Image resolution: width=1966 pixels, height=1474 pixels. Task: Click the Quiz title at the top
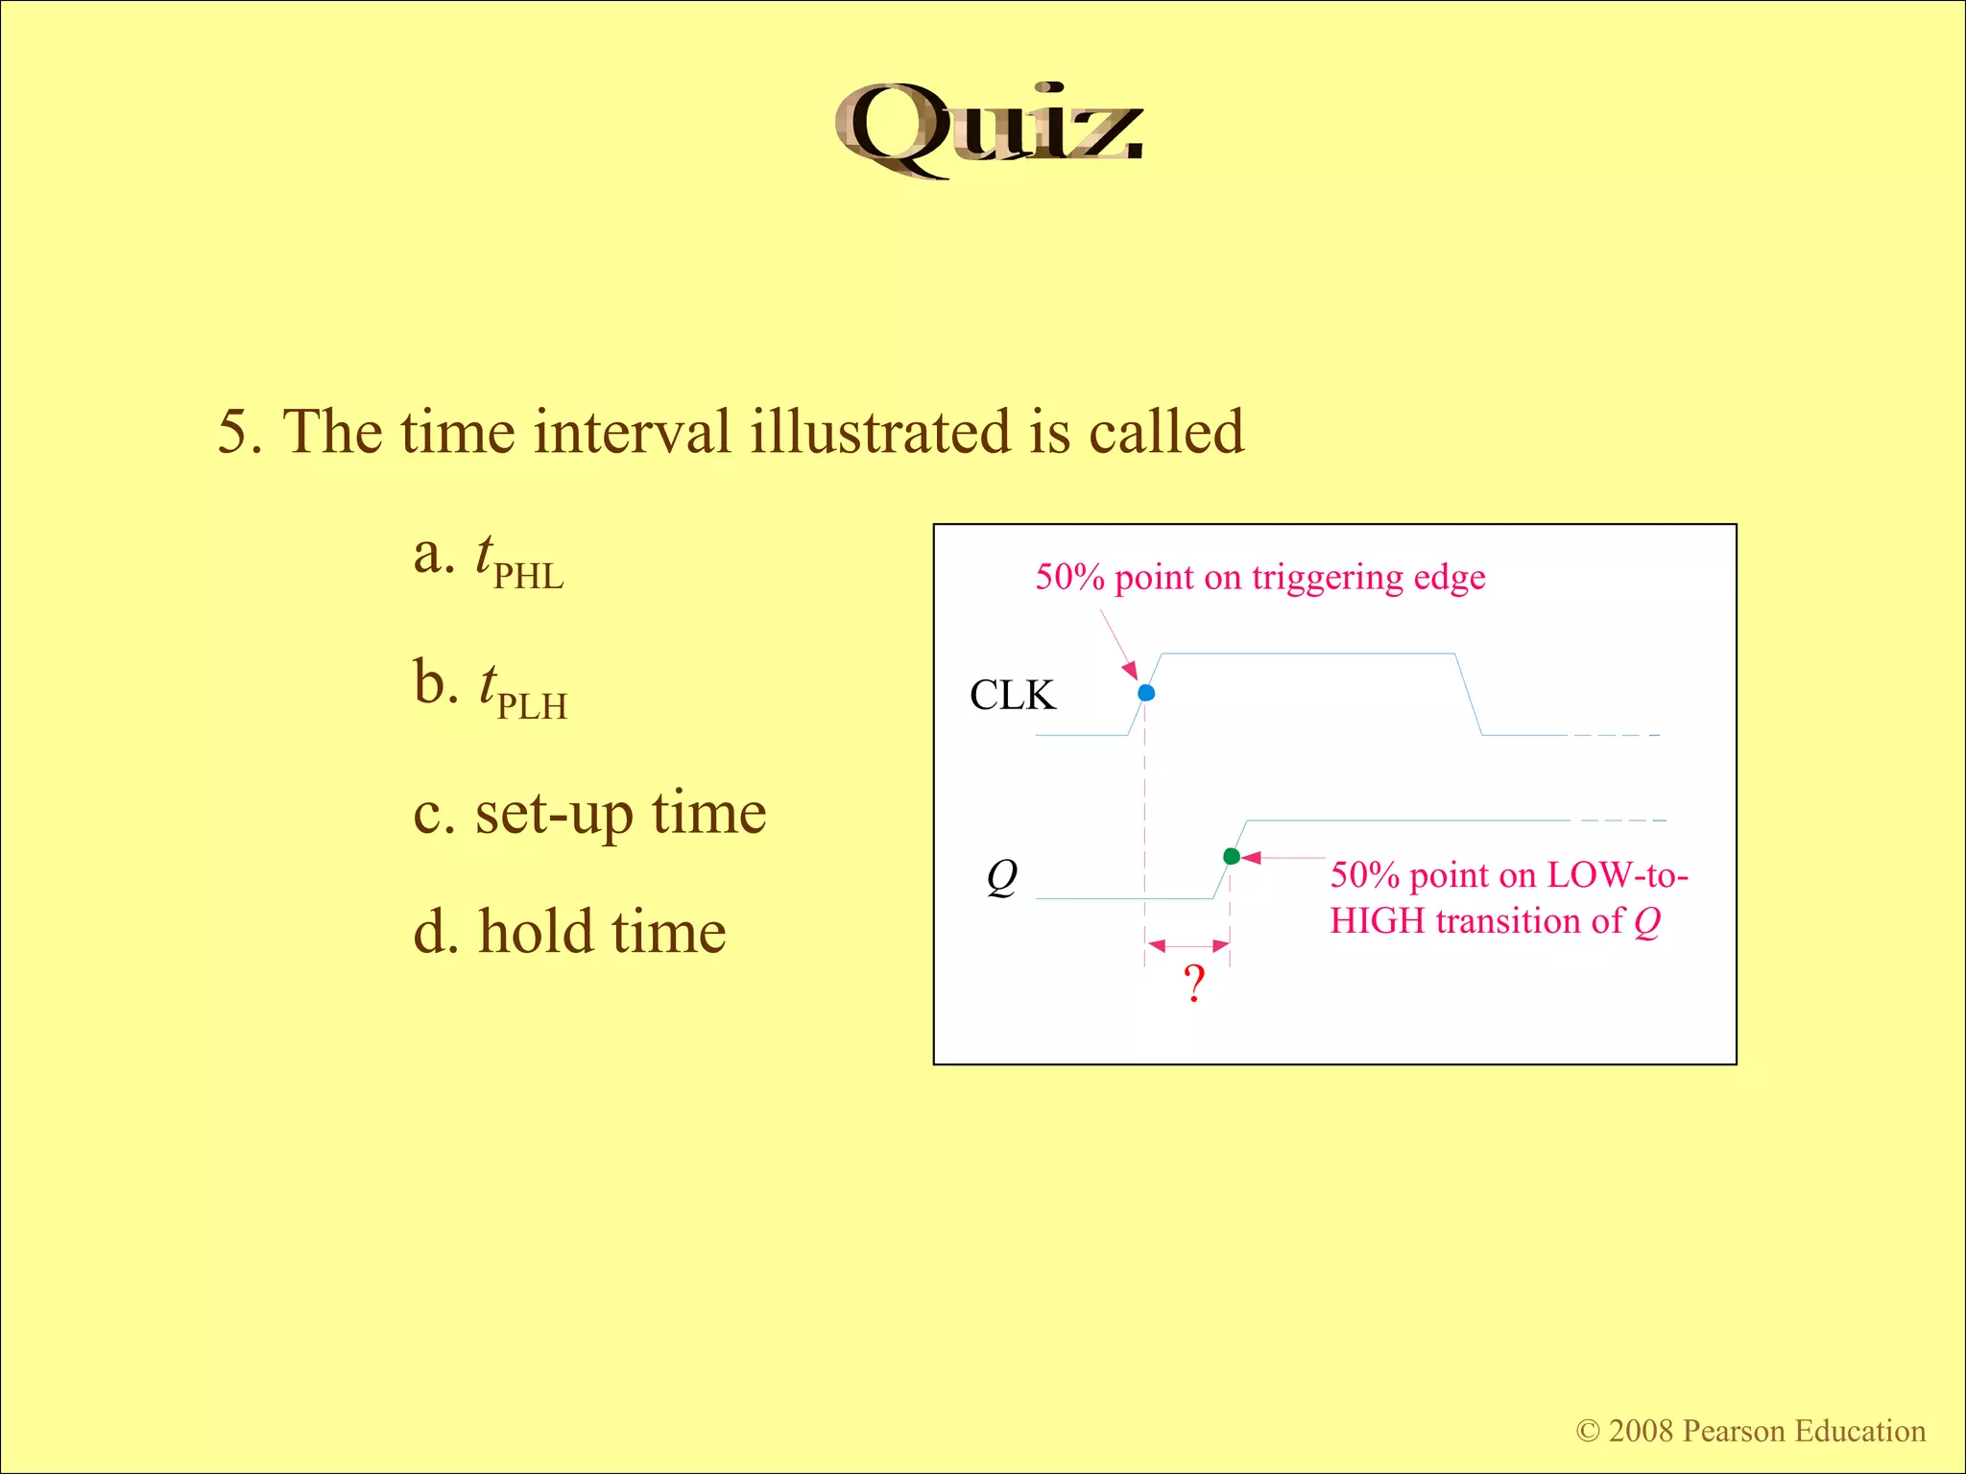click(989, 131)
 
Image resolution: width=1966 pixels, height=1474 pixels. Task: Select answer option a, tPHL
click(490, 560)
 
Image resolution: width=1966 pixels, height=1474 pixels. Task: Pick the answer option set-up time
click(589, 814)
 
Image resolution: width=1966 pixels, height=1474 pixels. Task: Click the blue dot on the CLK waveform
click(1146, 693)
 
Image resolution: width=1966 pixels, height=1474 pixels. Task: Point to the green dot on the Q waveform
click(1232, 856)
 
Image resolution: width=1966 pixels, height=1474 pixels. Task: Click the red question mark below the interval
click(1193, 984)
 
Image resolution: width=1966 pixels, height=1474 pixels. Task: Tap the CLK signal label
click(1012, 695)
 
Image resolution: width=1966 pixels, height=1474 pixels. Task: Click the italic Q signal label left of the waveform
click(1001, 876)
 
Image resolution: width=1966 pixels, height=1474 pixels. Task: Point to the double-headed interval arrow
click(1188, 946)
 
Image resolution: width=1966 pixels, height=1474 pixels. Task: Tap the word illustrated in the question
click(880, 432)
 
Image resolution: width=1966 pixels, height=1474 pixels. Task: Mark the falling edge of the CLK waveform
click(1469, 695)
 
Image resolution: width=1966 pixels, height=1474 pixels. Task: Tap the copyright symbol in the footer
click(1588, 1432)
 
